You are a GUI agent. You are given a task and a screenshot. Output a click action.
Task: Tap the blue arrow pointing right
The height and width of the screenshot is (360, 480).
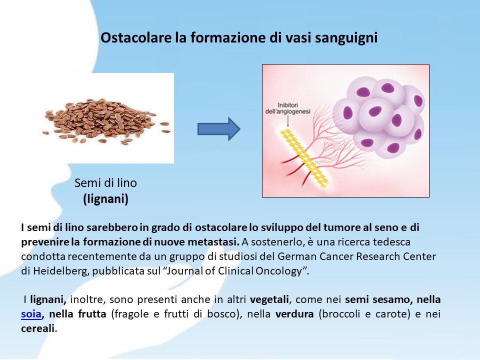[x=219, y=129]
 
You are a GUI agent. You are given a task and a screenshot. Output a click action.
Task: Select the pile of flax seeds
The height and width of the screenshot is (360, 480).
[x=106, y=121]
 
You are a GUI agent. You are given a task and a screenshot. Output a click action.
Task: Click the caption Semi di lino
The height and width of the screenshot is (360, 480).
[x=105, y=183]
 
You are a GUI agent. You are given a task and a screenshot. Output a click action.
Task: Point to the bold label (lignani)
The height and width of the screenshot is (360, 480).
[x=105, y=199]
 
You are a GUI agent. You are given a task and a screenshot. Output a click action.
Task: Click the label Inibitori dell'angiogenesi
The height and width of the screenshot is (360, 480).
[x=288, y=108]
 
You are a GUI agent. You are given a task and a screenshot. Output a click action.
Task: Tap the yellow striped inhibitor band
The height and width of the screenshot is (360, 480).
[x=305, y=158]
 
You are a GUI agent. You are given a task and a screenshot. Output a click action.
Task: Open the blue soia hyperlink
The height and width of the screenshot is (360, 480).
[x=31, y=314]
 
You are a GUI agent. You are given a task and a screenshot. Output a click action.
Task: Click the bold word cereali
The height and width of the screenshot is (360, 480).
[x=38, y=328]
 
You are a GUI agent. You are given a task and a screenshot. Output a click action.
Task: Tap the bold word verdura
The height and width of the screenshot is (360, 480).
[x=294, y=314]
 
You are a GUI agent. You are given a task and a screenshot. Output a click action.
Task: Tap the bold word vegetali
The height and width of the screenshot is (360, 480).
[x=269, y=299]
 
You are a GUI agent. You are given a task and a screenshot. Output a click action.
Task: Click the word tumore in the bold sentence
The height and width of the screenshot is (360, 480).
[x=340, y=227]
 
